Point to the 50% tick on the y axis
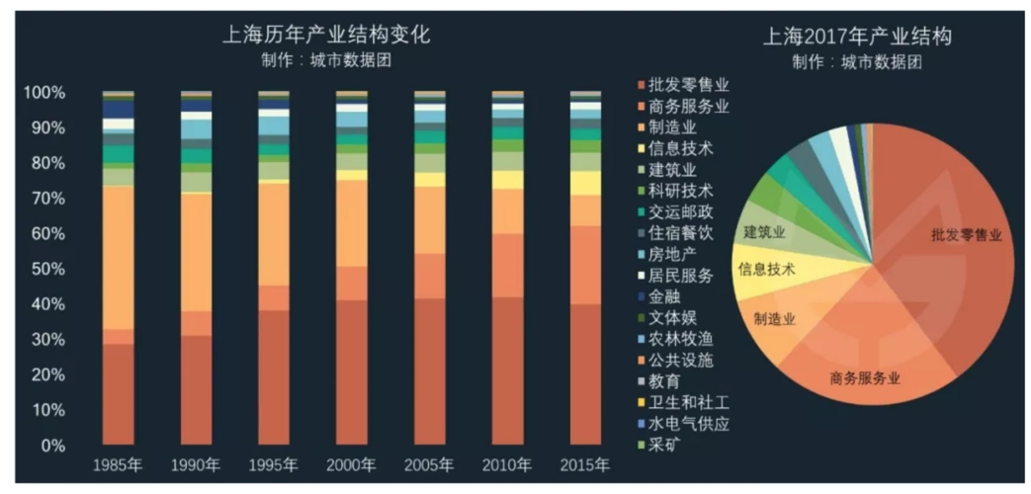[x=44, y=269]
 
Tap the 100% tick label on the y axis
[x=44, y=93]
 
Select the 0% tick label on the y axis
[x=50, y=446]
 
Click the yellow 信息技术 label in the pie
[x=766, y=268]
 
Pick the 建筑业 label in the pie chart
[x=764, y=232]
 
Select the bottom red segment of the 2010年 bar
[x=507, y=370]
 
